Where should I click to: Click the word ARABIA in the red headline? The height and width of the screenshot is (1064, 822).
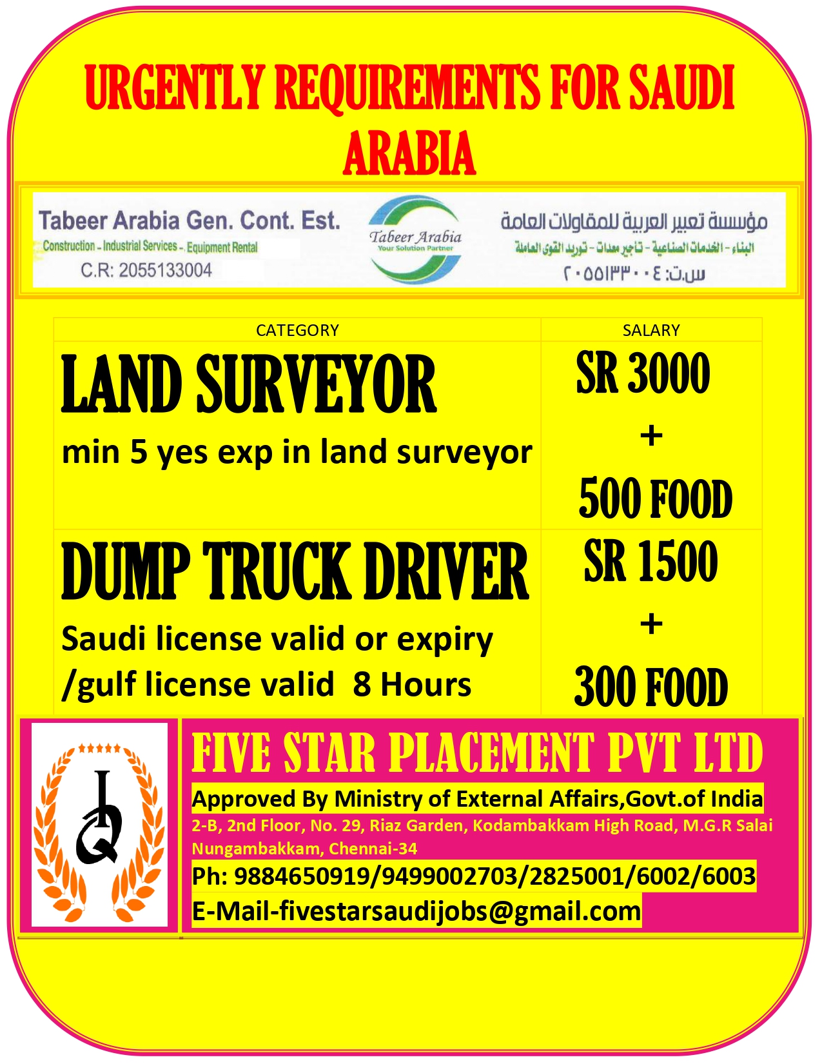pyautogui.click(x=409, y=153)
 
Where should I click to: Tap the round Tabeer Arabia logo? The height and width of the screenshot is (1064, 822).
pyautogui.click(x=416, y=240)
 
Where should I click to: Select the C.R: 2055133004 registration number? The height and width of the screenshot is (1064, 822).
pyautogui.click(x=146, y=270)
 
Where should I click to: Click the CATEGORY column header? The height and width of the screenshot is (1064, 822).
pyautogui.click(x=297, y=330)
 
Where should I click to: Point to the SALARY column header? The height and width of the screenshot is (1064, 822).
pyautogui.click(x=651, y=330)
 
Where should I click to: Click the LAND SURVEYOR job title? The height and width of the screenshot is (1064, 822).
pyautogui.click(x=249, y=385)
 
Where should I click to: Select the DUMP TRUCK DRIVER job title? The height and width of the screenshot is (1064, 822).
pyautogui.click(x=295, y=571)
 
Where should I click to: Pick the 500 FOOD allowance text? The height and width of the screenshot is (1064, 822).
pyautogui.click(x=656, y=498)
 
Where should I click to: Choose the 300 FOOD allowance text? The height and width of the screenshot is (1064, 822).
pyautogui.click(x=651, y=687)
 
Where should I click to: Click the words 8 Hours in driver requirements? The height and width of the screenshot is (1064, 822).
pyautogui.click(x=412, y=685)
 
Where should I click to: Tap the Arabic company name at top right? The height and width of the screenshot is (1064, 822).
pyautogui.click(x=634, y=222)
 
